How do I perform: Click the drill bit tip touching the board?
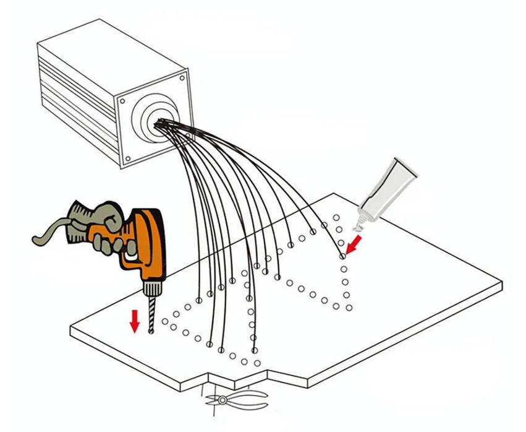[x=150, y=332]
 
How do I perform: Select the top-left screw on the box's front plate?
[x=119, y=101]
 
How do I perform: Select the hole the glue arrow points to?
[x=342, y=256]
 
